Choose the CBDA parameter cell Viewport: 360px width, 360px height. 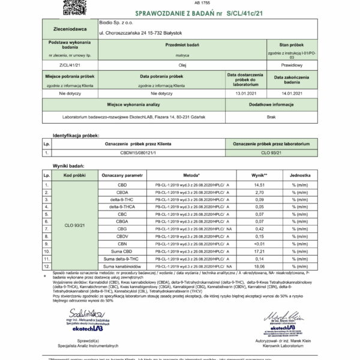coord(122,193)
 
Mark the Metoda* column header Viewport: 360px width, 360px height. coord(191,175)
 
